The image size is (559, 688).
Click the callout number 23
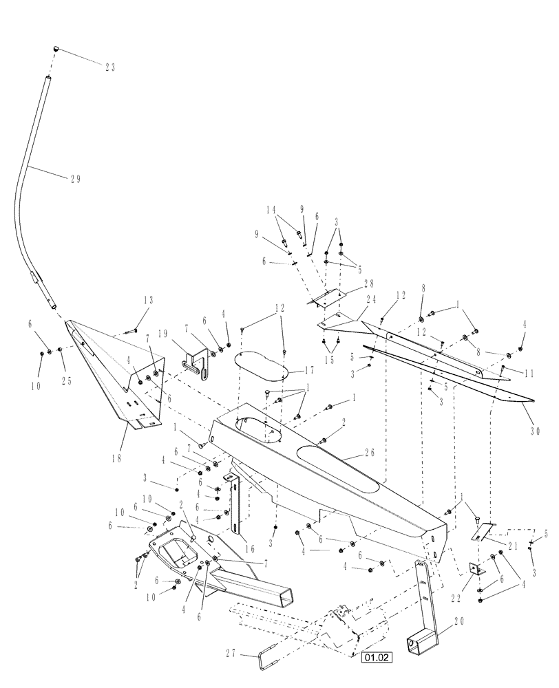(109, 67)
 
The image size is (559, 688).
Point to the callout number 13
(149, 300)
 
